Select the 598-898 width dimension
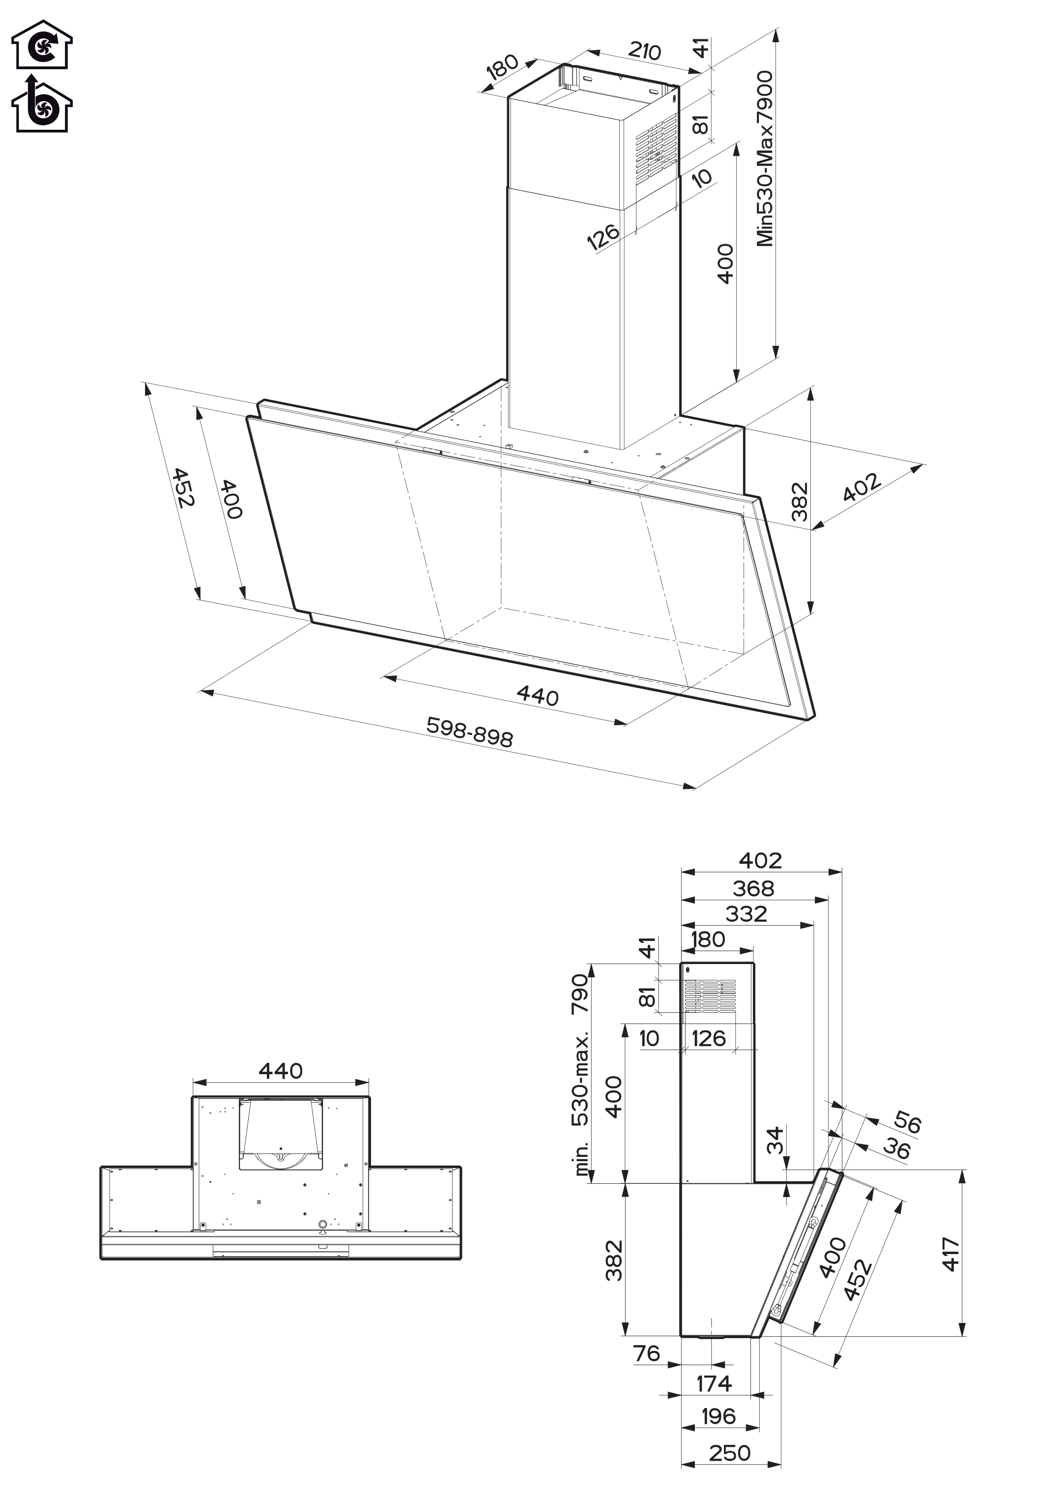point(469,732)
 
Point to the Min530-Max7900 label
point(765,159)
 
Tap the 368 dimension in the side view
point(753,889)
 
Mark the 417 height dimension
point(951,1254)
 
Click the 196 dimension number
point(718,1416)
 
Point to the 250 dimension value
point(729,1453)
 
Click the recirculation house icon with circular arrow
point(42,44)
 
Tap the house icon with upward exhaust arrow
point(42,104)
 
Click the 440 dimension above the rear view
point(281,1071)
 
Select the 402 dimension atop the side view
point(761,861)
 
